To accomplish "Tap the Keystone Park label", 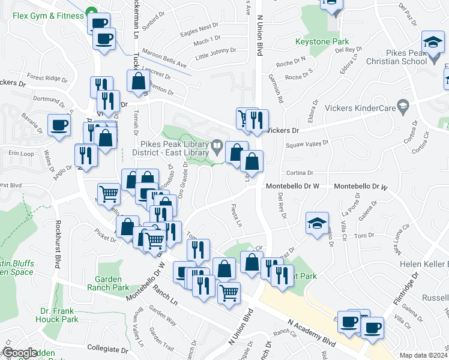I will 322,42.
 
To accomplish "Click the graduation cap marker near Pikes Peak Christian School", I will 431,43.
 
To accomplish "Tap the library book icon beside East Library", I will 217,145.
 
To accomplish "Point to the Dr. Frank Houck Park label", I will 59,315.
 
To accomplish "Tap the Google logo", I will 20,353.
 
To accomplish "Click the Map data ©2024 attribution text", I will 424,355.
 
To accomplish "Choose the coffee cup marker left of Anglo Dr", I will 59,125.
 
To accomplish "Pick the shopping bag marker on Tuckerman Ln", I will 138,82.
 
